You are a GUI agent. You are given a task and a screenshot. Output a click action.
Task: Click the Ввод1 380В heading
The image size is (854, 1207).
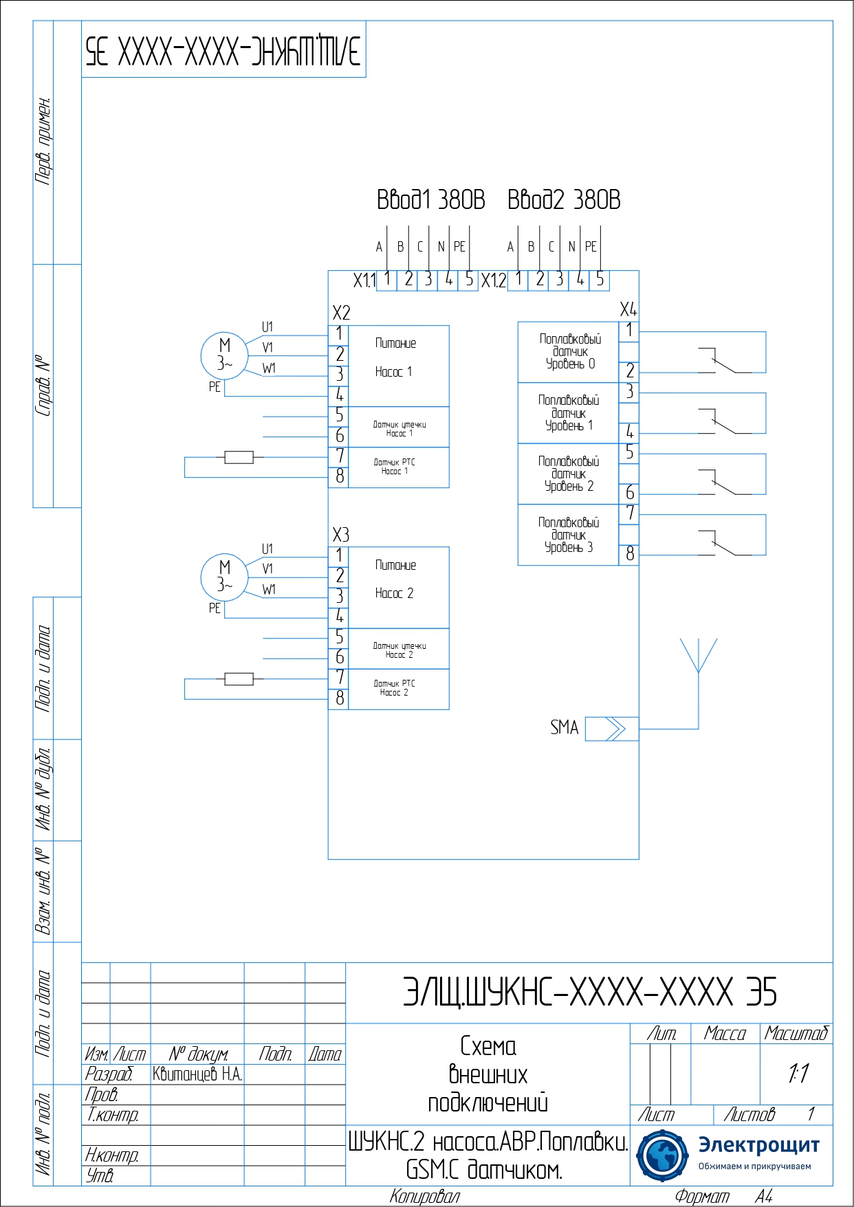pos(430,200)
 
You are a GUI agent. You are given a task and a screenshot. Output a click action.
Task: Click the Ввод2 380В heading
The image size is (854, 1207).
pos(564,200)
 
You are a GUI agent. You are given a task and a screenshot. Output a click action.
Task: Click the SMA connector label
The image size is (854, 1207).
pos(564,727)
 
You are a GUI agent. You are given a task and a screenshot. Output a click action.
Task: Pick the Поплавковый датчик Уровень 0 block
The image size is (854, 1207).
pos(569,352)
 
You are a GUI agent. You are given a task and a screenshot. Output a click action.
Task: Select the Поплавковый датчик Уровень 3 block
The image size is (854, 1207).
pos(569,535)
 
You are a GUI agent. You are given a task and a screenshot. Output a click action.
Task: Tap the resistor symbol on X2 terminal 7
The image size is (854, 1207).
pos(239,457)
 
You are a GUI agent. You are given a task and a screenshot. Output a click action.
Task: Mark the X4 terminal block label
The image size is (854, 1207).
pos(628,309)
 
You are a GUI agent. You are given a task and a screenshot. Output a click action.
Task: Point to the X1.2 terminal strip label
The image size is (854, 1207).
pos(493,280)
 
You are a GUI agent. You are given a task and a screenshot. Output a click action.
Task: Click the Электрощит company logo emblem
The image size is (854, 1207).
pos(662,1156)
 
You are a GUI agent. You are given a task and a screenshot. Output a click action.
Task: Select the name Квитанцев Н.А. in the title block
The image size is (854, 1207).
pos(197,1074)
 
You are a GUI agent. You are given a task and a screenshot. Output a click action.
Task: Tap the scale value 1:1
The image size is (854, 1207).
pos(798,1073)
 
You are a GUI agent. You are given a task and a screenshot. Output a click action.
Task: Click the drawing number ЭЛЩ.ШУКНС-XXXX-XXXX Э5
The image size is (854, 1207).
pos(589,993)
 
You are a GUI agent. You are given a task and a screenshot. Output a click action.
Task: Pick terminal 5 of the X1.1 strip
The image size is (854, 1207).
pos(469,280)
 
